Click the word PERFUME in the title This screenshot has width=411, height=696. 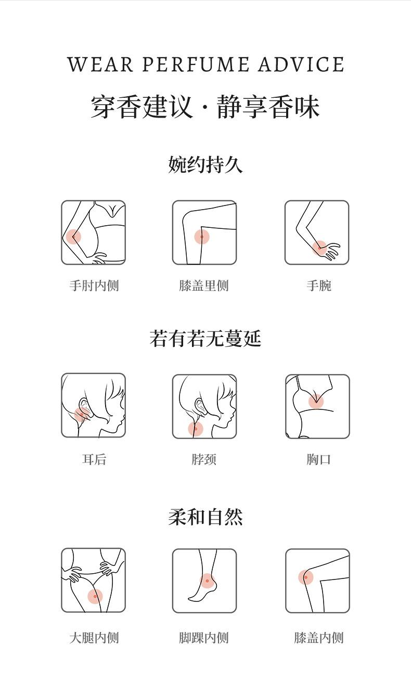[196, 65]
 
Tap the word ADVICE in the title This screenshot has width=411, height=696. [301, 65]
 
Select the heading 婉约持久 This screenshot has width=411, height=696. [205, 164]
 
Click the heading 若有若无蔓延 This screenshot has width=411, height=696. [205, 338]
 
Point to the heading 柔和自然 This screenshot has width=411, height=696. [205, 518]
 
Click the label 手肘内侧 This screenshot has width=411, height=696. [94, 285]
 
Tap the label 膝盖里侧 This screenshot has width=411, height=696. [204, 285]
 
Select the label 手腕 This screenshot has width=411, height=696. [319, 285]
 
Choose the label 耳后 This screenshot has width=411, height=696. [94, 459]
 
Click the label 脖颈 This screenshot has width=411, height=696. [204, 459]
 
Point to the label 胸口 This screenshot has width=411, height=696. [319, 459]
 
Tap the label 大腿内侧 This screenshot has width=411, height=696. [94, 638]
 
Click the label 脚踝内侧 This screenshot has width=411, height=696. [204, 638]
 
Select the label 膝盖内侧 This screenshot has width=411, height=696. [319, 638]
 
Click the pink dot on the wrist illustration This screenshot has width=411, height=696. [319, 248]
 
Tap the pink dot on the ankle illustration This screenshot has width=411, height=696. [207, 581]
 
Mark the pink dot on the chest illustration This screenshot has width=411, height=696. [316, 401]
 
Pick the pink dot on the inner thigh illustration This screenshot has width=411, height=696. [95, 596]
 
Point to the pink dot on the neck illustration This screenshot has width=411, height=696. [196, 429]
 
